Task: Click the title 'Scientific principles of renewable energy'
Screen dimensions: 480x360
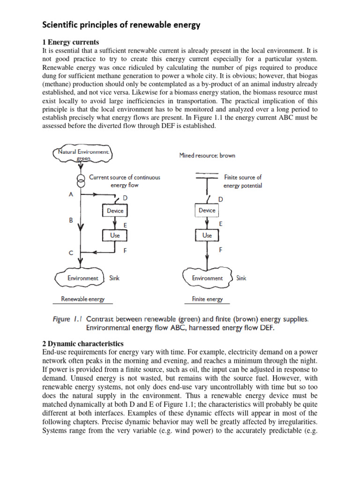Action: point(121,25)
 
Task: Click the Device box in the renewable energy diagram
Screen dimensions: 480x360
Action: point(115,210)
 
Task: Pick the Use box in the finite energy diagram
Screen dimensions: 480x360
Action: point(207,235)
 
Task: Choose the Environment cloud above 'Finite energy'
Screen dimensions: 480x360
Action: point(207,278)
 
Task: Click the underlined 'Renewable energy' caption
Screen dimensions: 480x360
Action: point(83,299)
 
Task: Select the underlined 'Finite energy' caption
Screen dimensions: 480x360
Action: point(207,299)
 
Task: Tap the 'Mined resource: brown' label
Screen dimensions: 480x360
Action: point(207,155)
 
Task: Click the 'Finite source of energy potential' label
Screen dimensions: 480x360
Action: point(243,181)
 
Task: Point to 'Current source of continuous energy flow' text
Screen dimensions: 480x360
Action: point(125,181)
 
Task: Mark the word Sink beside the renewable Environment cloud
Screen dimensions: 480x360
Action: point(114,278)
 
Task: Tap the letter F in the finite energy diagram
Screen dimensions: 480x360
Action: point(221,250)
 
